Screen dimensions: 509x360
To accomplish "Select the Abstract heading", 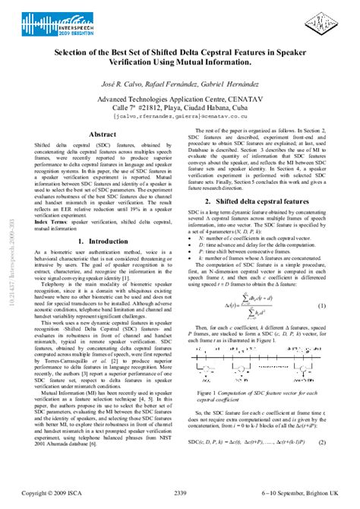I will (x=103, y=134).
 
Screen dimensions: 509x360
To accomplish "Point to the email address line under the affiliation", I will (x=180, y=118).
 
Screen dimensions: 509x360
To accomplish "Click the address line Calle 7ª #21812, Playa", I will (x=180, y=109).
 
